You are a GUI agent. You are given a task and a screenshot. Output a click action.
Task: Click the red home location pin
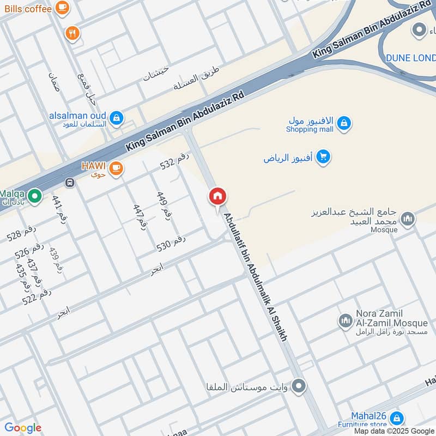point(217,197)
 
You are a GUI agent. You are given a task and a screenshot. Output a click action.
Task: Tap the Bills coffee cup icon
point(62,8)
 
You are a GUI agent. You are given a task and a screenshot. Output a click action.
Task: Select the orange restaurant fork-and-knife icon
point(72,34)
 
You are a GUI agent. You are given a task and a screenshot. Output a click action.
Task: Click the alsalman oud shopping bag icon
point(116,117)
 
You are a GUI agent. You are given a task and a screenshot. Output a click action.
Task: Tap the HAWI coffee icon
point(116,168)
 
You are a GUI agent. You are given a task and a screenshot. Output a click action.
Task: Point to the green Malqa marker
point(34,195)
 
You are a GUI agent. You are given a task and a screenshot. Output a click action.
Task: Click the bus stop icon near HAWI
point(69,183)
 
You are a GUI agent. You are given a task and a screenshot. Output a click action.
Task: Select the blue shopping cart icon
point(323,158)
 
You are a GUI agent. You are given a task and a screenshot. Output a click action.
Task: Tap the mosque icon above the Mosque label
point(407,219)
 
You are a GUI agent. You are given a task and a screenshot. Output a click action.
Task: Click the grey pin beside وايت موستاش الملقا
point(298,387)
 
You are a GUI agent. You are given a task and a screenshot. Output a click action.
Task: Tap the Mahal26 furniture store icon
point(397,418)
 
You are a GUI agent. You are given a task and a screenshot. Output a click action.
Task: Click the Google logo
point(22,428)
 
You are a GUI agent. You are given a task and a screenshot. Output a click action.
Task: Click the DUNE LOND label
point(410,58)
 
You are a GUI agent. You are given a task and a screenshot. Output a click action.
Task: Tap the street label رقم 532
point(174,161)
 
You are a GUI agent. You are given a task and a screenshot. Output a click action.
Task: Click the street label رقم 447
point(140,215)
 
